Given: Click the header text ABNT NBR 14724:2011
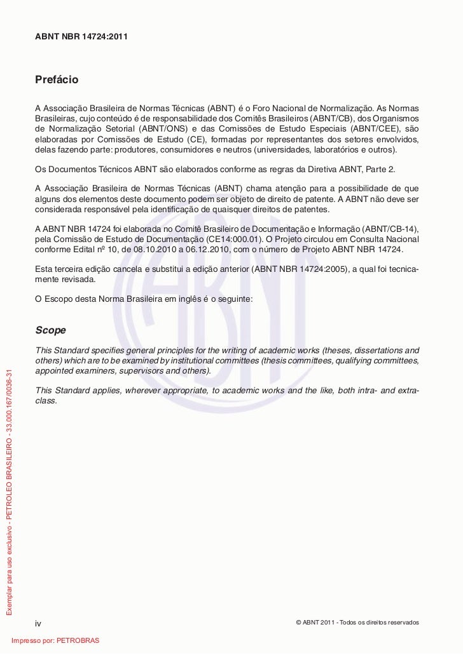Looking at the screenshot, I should [x=81, y=37].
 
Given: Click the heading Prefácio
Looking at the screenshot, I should [x=57, y=80].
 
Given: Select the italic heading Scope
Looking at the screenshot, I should [x=50, y=330].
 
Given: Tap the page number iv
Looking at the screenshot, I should [x=38, y=623].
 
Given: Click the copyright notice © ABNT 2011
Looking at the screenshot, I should [x=357, y=622].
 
